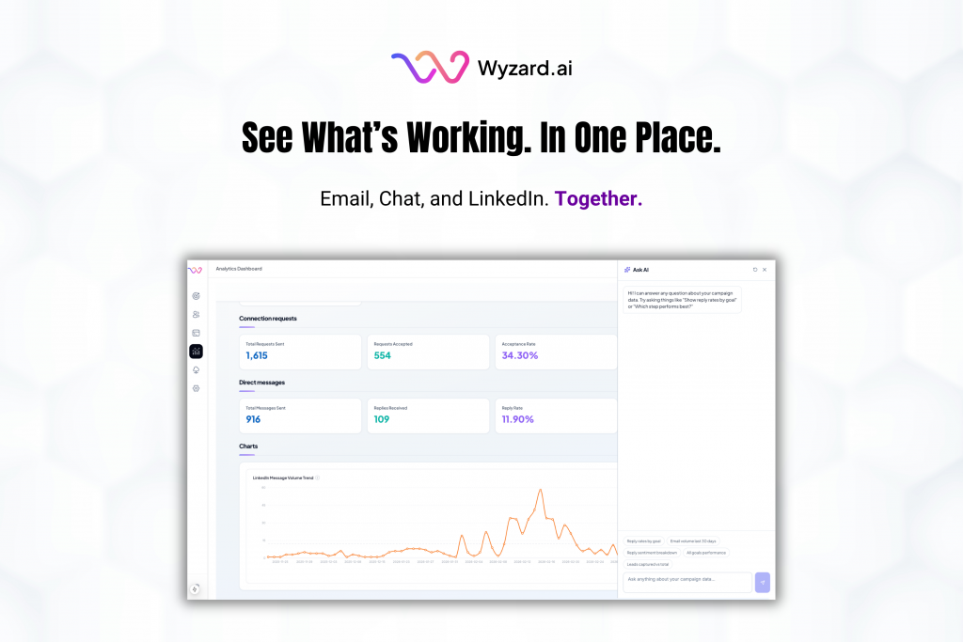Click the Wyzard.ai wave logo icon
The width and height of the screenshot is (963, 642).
tap(430, 69)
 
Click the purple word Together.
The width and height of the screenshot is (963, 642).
tap(599, 199)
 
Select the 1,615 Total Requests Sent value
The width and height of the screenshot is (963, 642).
tap(257, 356)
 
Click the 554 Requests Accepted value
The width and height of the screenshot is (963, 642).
tap(383, 356)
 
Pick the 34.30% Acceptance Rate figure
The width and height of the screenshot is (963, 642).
tap(520, 356)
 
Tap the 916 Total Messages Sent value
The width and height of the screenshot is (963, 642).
tap(253, 419)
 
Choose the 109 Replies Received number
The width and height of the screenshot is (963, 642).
tap(382, 419)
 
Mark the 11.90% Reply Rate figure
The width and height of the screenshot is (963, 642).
tap(518, 419)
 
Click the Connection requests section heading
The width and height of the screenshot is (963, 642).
tap(268, 319)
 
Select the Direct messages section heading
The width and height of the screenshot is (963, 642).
tap(262, 383)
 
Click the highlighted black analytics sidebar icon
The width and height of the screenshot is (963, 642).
tap(196, 352)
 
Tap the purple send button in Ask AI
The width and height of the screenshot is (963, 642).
tap(763, 582)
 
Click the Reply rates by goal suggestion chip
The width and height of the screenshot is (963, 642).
tap(644, 541)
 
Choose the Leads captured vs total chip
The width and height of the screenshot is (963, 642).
tap(648, 564)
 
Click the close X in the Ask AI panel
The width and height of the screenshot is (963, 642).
tap(765, 270)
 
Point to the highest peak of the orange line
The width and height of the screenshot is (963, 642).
tap(541, 490)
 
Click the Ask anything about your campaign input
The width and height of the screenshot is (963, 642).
tap(687, 580)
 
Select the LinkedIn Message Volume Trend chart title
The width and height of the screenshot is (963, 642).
tap(282, 478)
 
